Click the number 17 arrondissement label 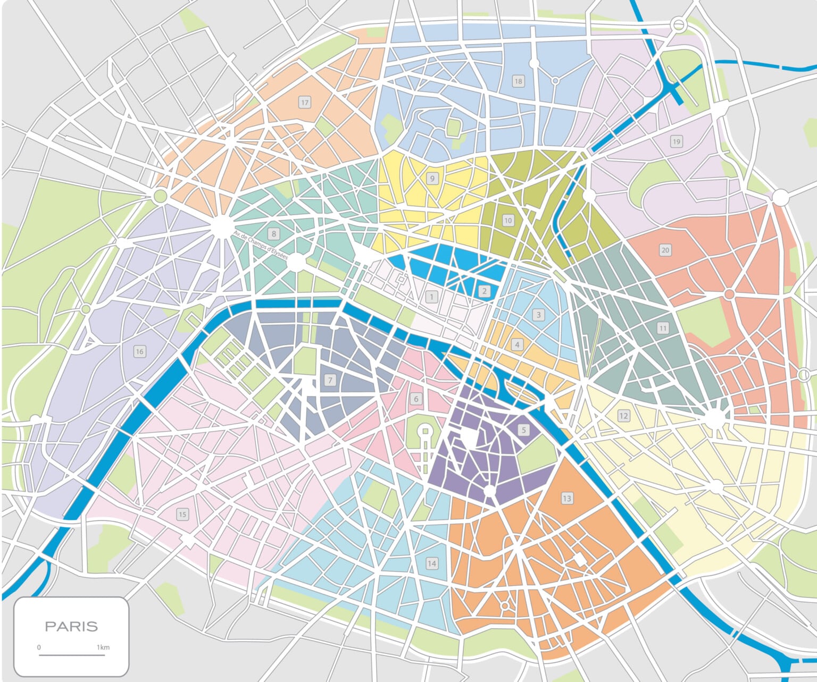(x=304, y=103)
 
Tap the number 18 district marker (x=518, y=81)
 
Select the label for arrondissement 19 (x=676, y=141)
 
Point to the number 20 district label (x=665, y=250)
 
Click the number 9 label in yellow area (x=432, y=179)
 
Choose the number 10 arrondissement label (x=507, y=221)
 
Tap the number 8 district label (x=274, y=234)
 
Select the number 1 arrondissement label (x=432, y=297)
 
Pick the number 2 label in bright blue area (x=484, y=291)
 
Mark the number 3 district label (x=538, y=315)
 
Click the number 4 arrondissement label (x=517, y=345)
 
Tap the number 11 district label (x=662, y=328)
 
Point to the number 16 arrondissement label (x=139, y=351)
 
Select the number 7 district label (x=330, y=380)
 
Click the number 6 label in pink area (x=416, y=399)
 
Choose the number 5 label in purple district (x=523, y=430)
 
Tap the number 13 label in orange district (x=566, y=498)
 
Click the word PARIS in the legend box (x=71, y=626)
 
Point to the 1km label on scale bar (x=103, y=647)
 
